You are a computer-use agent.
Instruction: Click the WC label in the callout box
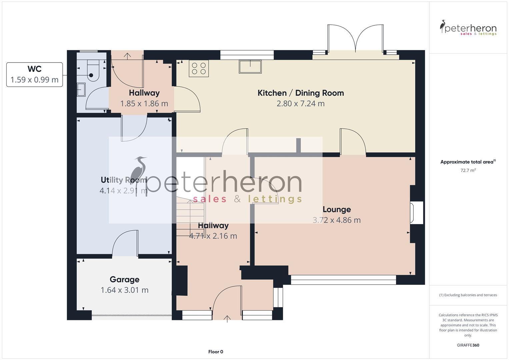pyautogui.click(x=34, y=69)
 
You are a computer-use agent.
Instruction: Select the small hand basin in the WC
pyautogui.click(x=81, y=90)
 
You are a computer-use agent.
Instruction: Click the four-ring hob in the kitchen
pyautogui.click(x=199, y=68)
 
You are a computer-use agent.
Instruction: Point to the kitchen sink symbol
pyautogui.click(x=250, y=66)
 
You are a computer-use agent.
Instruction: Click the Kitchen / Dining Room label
pyautogui.click(x=300, y=93)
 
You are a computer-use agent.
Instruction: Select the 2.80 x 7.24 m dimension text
pyautogui.click(x=300, y=104)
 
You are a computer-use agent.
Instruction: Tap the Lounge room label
pyautogui.click(x=336, y=210)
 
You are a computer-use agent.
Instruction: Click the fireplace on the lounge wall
pyautogui.click(x=416, y=213)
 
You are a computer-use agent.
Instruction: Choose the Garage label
pyautogui.click(x=124, y=280)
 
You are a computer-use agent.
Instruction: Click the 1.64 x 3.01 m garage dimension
pyautogui.click(x=124, y=290)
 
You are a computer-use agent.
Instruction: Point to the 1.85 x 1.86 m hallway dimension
pyautogui.click(x=144, y=104)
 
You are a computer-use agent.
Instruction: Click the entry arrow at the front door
pyautogui.click(x=227, y=319)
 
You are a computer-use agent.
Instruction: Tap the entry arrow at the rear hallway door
pyautogui.click(x=127, y=55)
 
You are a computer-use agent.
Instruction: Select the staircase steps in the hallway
pyautogui.click(x=190, y=213)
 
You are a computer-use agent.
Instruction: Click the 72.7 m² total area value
pyautogui.click(x=468, y=170)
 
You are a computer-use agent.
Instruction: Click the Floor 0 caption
pyautogui.click(x=215, y=352)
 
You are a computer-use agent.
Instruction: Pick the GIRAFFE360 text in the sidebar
pyautogui.click(x=468, y=345)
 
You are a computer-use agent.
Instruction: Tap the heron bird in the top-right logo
pyautogui.click(x=443, y=27)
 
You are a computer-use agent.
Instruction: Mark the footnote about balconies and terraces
pyautogui.click(x=468, y=295)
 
